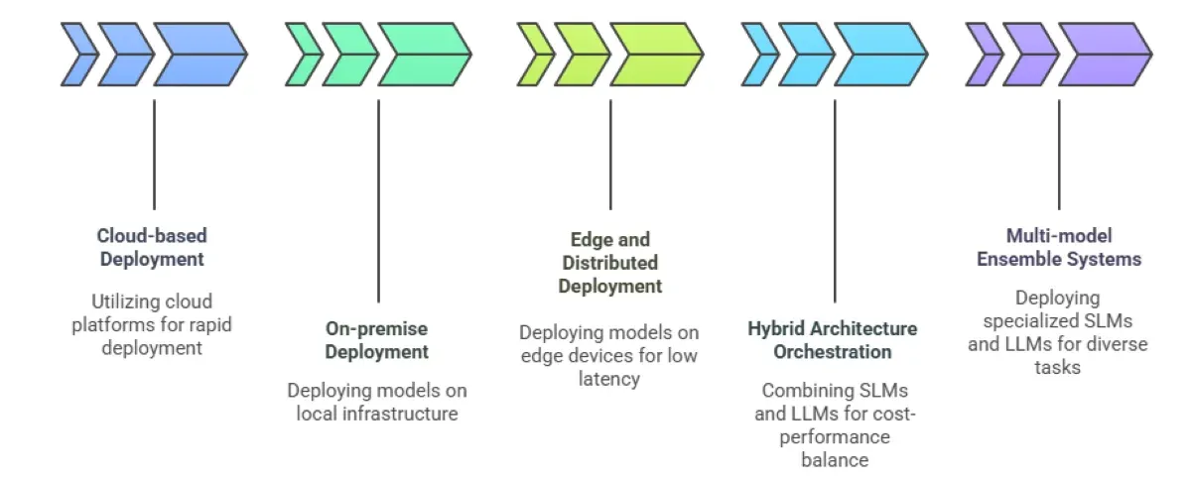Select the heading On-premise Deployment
(x=377, y=340)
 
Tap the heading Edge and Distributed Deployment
(x=609, y=263)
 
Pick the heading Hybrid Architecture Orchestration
(x=833, y=340)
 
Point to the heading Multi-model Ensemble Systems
(x=1059, y=248)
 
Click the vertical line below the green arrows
(x=378, y=198)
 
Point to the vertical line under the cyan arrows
(x=834, y=198)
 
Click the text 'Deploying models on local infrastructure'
(x=377, y=402)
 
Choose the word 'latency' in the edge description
(x=609, y=379)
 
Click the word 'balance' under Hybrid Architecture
(x=834, y=459)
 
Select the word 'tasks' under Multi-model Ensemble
(x=1059, y=367)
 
